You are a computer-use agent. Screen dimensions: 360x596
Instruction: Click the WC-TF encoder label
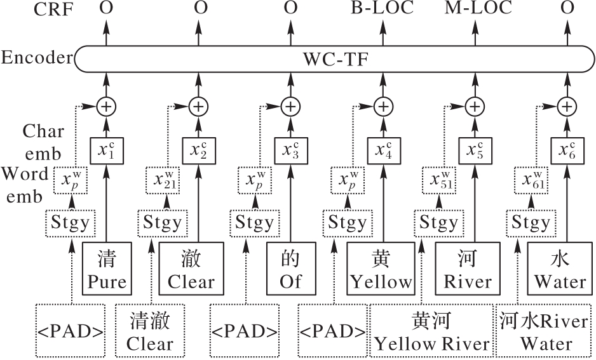(337, 60)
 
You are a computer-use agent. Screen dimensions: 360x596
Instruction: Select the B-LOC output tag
(383, 8)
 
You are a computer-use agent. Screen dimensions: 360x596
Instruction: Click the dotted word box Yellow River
(432, 330)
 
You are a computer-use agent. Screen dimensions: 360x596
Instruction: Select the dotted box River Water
(544, 330)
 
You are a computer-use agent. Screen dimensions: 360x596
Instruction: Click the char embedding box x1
(106, 150)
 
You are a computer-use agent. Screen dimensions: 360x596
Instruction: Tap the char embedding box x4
(383, 150)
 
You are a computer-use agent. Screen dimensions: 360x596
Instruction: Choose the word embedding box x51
(438, 181)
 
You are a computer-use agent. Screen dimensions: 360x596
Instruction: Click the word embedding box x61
(531, 181)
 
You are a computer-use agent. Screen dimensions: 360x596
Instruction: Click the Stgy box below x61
(531, 223)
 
